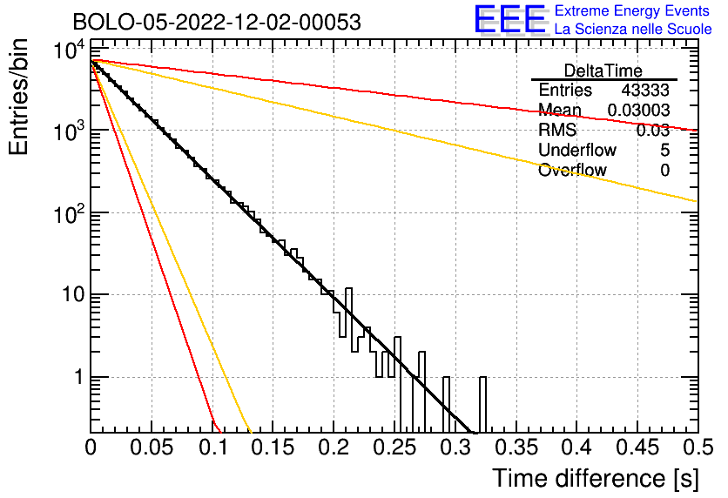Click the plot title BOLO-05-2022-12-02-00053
[x=216, y=22]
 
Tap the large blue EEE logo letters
[x=509, y=20]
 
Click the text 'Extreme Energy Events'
[x=633, y=11]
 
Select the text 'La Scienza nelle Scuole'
[x=633, y=29]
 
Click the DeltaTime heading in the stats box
[x=603, y=70]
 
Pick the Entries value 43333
[x=645, y=90]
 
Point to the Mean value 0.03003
[x=638, y=110]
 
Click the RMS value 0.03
[x=652, y=130]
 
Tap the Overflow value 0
[x=664, y=170]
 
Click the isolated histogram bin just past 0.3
[x=482, y=404]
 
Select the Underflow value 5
[x=664, y=150]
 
